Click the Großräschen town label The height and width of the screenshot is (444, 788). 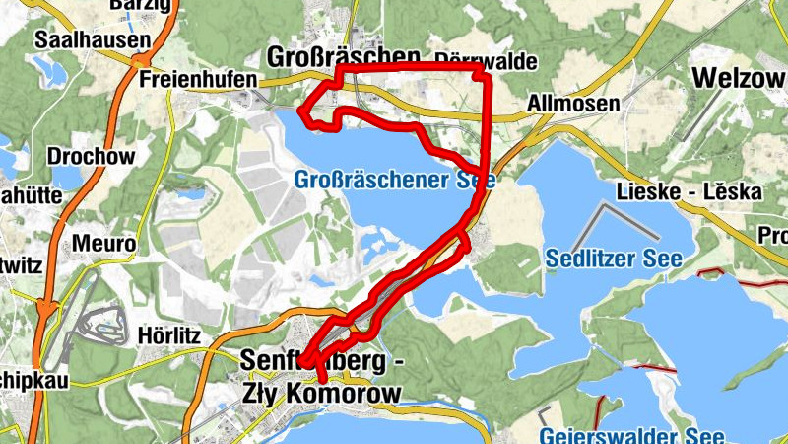[x=344, y=54]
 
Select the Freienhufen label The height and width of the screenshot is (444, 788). [x=197, y=78]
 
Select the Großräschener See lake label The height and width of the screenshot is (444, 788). [x=394, y=181]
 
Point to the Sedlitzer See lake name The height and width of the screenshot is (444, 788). [x=599, y=259]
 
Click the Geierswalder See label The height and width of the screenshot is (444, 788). [x=630, y=436]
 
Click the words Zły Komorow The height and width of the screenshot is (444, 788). [x=321, y=394]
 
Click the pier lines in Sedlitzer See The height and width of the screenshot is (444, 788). [x=626, y=222]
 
